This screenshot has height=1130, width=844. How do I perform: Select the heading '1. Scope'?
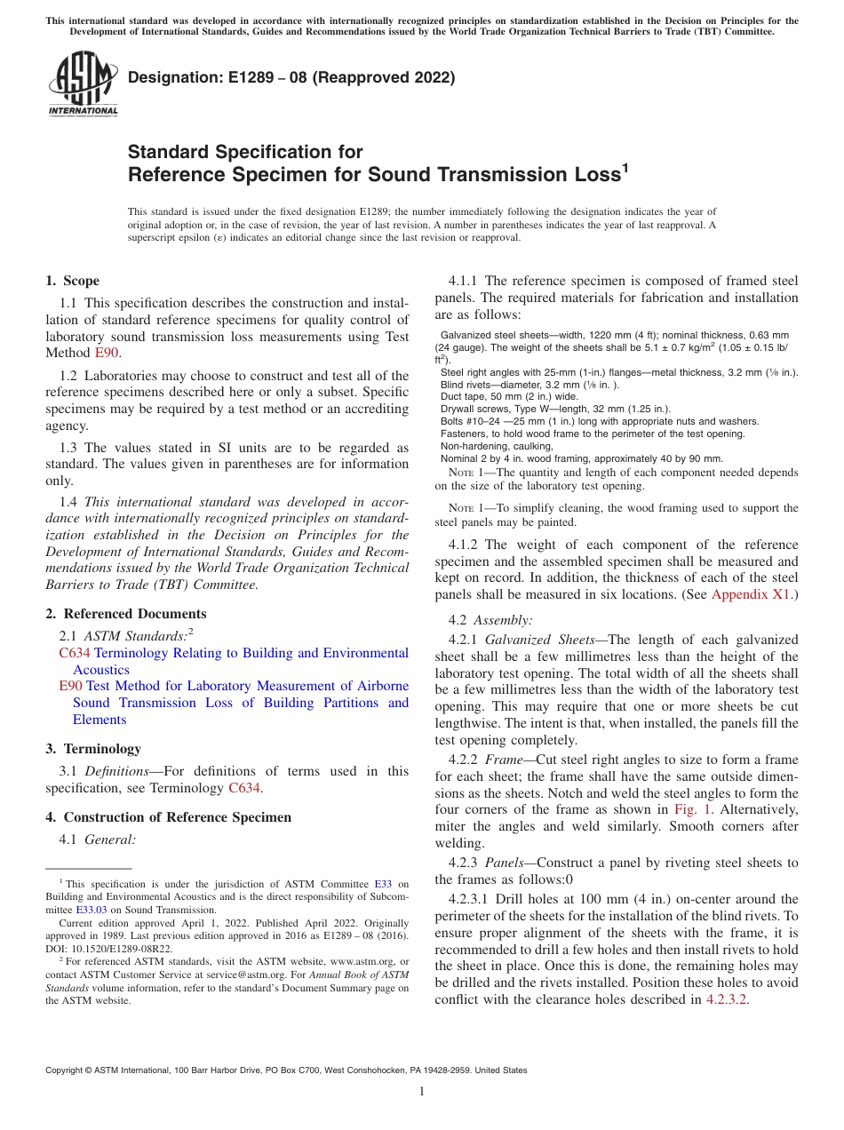72,281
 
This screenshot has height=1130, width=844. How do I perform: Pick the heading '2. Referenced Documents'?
125,614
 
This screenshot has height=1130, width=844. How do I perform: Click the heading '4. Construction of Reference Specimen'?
168,817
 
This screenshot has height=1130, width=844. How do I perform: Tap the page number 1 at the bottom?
422,1092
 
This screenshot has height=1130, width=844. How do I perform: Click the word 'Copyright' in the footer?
68,1070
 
